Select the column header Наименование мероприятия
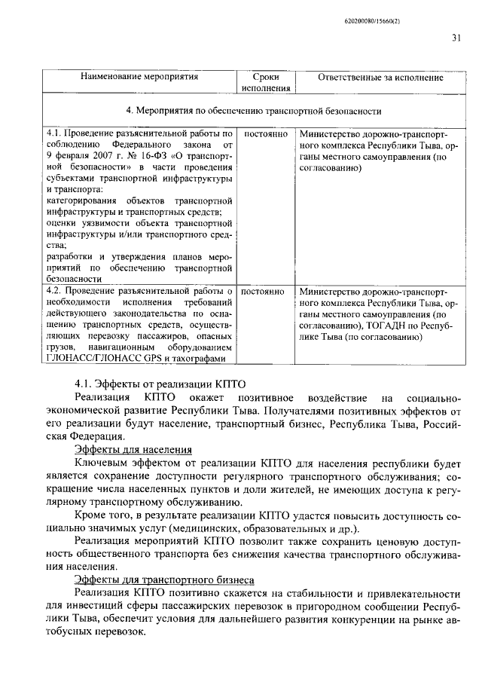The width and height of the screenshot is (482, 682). click(140, 77)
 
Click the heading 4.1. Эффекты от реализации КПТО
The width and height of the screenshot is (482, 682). click(160, 381)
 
